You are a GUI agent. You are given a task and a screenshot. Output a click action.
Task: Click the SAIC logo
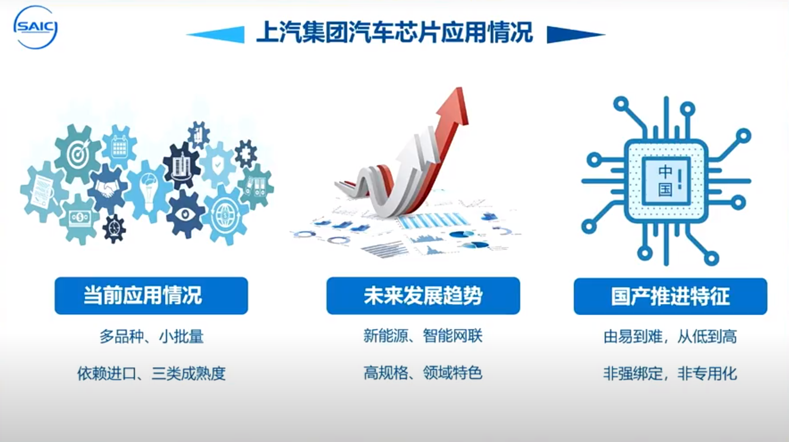click(x=35, y=27)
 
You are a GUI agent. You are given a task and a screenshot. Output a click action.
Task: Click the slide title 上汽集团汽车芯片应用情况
click(x=395, y=33)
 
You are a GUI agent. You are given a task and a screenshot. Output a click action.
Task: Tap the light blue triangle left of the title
click(x=216, y=34)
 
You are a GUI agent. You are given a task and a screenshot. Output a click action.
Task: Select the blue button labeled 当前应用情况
click(x=151, y=296)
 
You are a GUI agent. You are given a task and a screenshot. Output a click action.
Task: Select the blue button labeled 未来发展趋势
click(x=423, y=296)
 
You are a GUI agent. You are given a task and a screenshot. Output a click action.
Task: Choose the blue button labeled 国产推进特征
click(x=670, y=296)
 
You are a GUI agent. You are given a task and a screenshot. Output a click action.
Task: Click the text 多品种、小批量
click(x=152, y=337)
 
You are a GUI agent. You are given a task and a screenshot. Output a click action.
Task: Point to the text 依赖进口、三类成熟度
click(x=152, y=374)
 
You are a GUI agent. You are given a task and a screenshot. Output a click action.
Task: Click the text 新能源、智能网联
click(x=423, y=336)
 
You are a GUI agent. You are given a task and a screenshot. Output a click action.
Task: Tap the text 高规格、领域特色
click(x=423, y=373)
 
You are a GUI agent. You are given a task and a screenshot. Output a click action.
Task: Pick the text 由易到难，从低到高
click(x=670, y=337)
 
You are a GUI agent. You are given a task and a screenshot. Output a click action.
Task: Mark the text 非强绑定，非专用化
click(x=670, y=374)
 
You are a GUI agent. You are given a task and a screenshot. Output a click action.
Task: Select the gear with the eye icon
click(x=186, y=214)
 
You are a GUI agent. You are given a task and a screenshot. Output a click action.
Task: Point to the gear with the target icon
click(x=78, y=154)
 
